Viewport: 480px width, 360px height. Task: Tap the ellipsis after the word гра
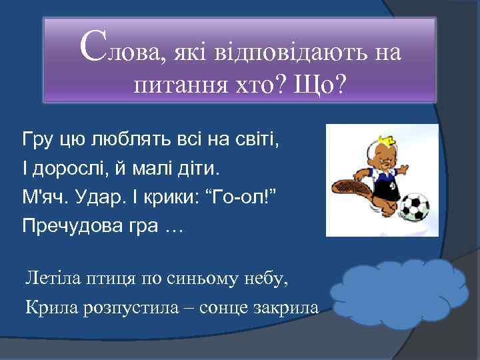coord(173,227)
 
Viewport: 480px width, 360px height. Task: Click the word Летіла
coord(50,277)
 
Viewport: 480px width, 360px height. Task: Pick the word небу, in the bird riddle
coord(265,277)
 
